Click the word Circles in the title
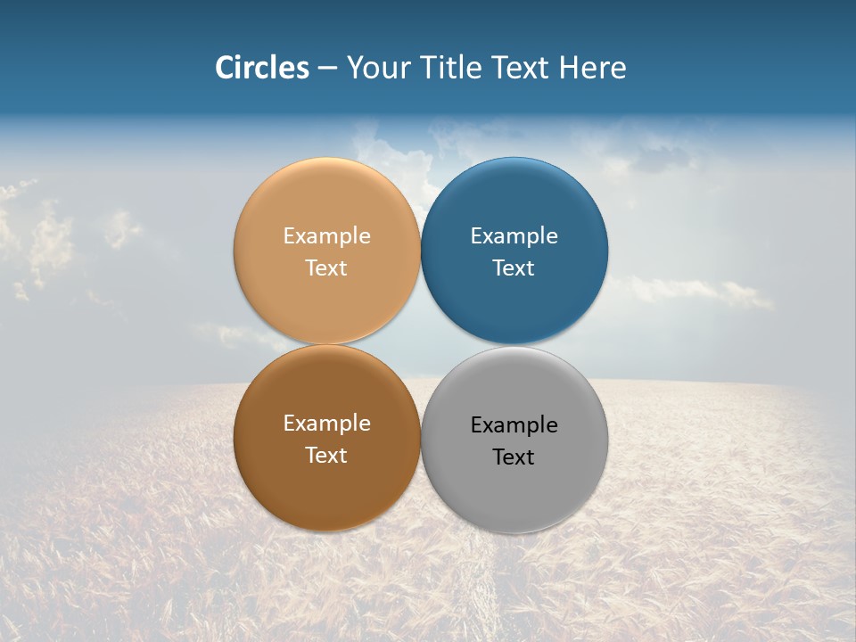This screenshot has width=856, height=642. point(261,68)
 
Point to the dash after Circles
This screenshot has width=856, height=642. point(327,69)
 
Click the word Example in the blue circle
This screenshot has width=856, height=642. point(514,235)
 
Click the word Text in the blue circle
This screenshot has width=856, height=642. point(514,267)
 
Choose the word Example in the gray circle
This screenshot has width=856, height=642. point(514,424)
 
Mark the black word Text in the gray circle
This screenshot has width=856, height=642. point(514,457)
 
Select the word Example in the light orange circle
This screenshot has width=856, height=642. point(326,235)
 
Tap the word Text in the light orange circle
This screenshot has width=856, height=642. point(326,267)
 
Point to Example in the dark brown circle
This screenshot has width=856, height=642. point(326,423)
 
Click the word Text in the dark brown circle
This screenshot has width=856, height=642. point(326,455)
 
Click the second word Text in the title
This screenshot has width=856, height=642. point(522,68)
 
